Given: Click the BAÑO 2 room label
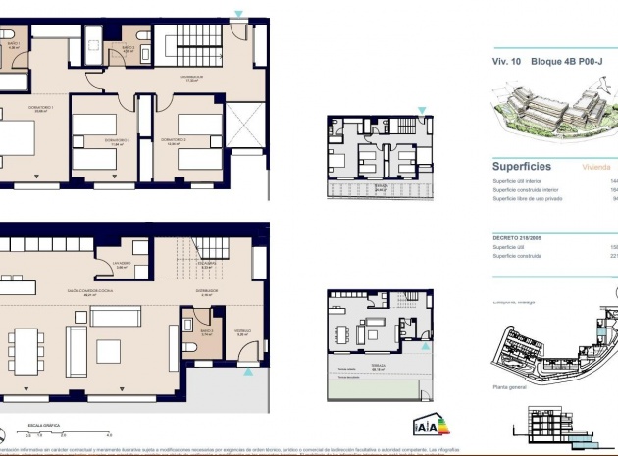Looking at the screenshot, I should [128, 48].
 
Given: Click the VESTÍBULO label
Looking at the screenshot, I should [242, 332].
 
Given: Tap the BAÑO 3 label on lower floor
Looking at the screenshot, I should [207, 333].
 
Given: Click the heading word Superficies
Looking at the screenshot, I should [521, 167].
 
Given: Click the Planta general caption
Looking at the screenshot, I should [510, 387].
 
